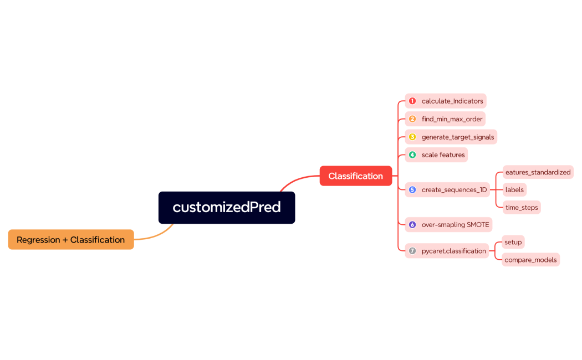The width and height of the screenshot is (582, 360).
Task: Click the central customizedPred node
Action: (x=227, y=208)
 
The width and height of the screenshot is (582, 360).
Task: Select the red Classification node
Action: (x=355, y=176)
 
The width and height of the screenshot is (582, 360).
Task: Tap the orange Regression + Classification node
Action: (x=71, y=240)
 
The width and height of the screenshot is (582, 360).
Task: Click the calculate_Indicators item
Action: (x=452, y=101)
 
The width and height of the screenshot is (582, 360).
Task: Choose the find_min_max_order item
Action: (x=452, y=119)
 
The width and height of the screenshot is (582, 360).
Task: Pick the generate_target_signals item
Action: (x=457, y=137)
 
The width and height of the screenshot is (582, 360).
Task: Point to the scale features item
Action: (x=443, y=155)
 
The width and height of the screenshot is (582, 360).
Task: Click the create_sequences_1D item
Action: (x=454, y=190)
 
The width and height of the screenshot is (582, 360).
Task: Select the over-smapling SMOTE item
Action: (x=455, y=225)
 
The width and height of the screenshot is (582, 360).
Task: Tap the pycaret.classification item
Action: (x=453, y=251)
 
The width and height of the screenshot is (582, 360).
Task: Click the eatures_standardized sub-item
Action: (x=538, y=172)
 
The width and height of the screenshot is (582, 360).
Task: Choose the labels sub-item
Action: (x=514, y=190)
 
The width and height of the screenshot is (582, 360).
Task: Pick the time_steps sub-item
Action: (x=522, y=208)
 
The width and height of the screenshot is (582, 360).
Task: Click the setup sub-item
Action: (x=513, y=242)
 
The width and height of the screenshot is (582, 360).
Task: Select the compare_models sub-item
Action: (x=530, y=260)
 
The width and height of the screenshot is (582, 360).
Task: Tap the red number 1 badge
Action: (x=412, y=101)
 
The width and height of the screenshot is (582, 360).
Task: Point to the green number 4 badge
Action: (x=412, y=155)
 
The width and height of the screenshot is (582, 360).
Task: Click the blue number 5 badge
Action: (x=412, y=190)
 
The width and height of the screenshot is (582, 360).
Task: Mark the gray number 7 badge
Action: (x=412, y=251)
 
